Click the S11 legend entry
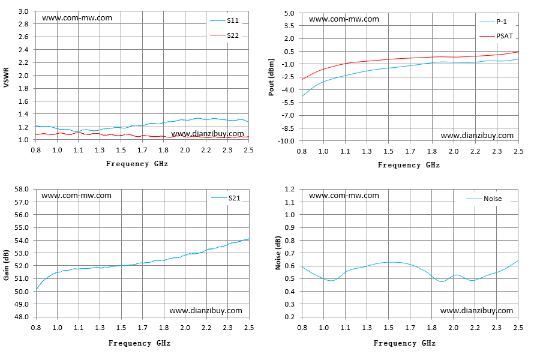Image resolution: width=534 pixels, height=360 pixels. point(224,21)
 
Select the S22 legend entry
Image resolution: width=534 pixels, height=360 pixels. point(224,35)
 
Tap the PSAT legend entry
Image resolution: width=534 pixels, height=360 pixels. point(496,36)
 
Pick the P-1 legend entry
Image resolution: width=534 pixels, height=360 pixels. point(493,22)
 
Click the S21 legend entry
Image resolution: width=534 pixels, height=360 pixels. point(226,198)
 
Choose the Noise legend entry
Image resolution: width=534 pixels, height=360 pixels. point(484,199)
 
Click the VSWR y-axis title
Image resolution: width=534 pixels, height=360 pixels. point(6,77)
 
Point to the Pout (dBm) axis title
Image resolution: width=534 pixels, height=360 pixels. point(271,77)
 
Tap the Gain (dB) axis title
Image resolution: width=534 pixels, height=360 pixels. point(6,265)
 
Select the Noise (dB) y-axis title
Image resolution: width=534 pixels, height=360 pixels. point(278,253)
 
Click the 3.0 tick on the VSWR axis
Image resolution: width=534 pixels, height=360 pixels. point(23,11)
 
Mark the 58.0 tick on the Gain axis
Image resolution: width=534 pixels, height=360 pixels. point(22,189)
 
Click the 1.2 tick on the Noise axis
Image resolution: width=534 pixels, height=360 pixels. point(290,189)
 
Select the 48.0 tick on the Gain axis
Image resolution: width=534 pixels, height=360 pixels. point(22,317)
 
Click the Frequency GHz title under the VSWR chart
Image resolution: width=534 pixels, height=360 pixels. point(137,164)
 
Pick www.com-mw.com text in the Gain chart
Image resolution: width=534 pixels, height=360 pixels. point(76,196)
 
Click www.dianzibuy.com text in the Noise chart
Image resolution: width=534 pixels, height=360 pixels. point(476,311)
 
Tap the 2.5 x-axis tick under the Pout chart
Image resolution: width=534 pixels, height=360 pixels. point(518,151)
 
